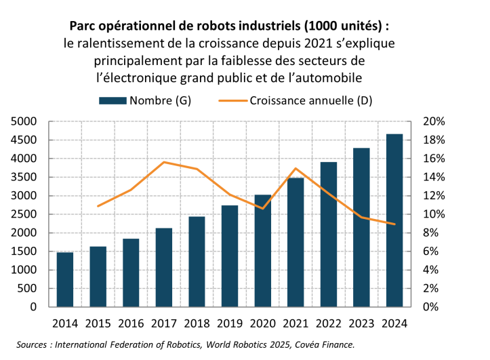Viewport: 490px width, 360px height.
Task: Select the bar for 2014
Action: tap(65, 279)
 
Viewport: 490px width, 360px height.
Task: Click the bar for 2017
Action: tap(163, 267)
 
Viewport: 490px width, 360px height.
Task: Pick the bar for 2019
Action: tap(229, 256)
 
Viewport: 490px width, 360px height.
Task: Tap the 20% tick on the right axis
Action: tap(433, 122)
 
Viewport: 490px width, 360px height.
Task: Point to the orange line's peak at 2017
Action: tap(163, 162)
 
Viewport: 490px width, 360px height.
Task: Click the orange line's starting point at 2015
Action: tap(98, 206)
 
